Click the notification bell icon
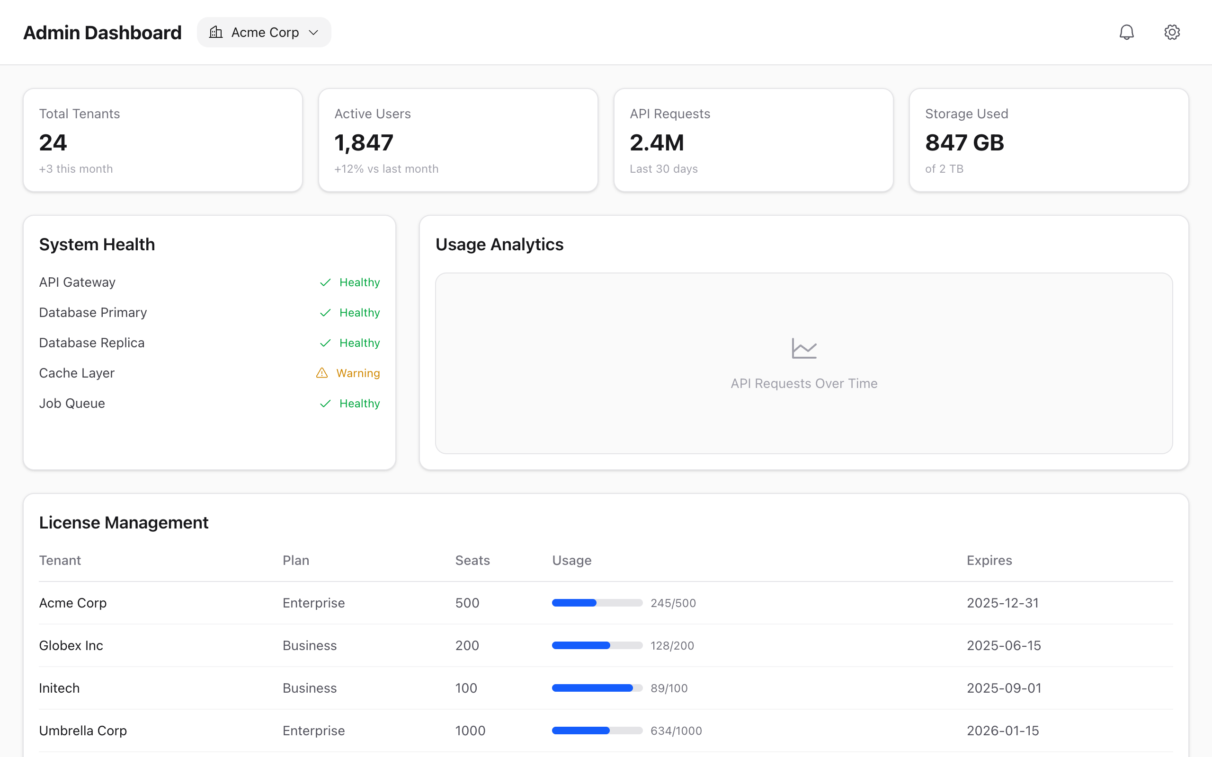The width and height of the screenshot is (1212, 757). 1126,33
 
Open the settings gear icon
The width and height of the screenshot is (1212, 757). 1171,33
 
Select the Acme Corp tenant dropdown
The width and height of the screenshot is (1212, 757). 264,33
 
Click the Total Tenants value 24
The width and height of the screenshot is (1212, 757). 53,143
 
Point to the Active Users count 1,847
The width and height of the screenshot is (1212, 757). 364,143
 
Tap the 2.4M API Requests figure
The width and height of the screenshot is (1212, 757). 657,143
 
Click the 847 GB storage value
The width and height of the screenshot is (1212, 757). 964,143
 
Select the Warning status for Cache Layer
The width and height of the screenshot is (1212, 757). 357,373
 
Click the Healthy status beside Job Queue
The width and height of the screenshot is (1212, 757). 359,404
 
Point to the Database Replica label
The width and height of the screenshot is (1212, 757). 92,343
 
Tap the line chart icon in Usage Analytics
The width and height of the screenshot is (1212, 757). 804,349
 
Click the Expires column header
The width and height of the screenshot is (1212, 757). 989,560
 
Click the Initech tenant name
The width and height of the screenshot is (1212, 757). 59,688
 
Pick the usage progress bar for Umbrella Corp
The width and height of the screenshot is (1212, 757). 597,731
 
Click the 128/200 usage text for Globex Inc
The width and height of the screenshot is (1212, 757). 672,645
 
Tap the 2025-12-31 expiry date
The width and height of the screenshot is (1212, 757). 1003,603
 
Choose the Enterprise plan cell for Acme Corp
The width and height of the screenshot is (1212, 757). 313,603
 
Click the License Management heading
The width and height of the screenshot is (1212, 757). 124,523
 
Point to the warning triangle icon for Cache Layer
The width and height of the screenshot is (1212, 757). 321,373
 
